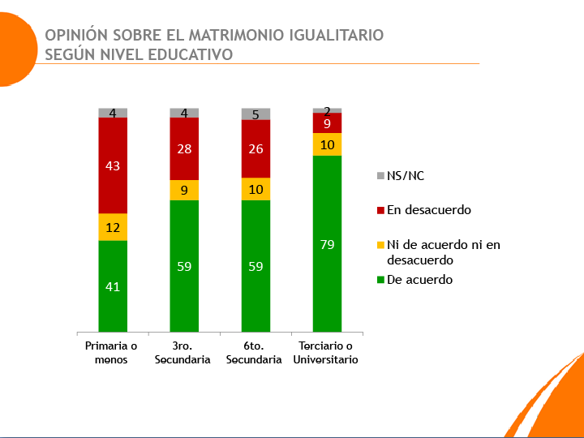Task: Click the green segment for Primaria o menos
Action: pyautogui.click(x=113, y=286)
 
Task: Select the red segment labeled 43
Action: pyautogui.click(x=113, y=165)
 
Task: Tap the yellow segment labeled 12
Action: pyautogui.click(x=113, y=227)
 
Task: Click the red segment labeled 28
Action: pyautogui.click(x=184, y=149)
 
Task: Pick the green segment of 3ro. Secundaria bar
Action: pyautogui.click(x=184, y=265)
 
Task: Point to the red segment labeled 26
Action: pyautogui.click(x=255, y=148)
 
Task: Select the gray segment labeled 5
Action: pyautogui.click(x=255, y=114)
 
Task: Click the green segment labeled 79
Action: pyautogui.click(x=327, y=243)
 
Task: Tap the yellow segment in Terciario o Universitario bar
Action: pyautogui.click(x=327, y=144)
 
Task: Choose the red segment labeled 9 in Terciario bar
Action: pyautogui.click(x=327, y=123)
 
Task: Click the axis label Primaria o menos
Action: pyautogui.click(x=112, y=353)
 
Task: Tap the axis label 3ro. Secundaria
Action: pyautogui.click(x=183, y=353)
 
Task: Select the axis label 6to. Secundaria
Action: pyautogui.click(x=255, y=353)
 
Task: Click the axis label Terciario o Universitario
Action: pyautogui.click(x=326, y=353)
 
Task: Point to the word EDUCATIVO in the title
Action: pyautogui.click(x=192, y=55)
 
